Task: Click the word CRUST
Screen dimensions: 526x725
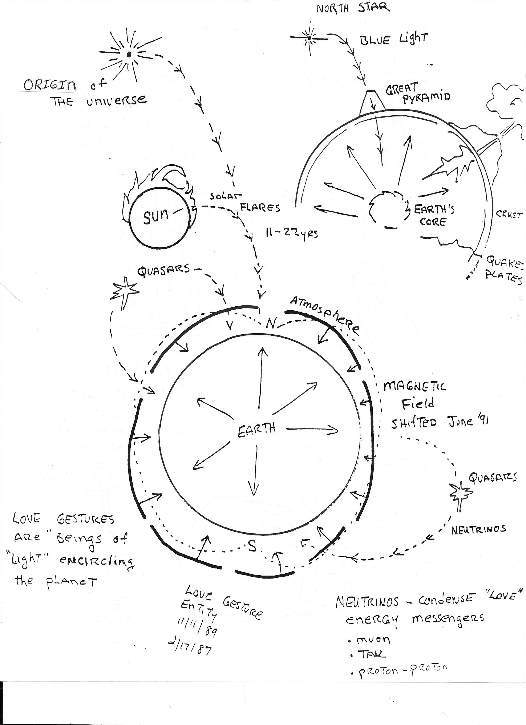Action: point(509,215)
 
